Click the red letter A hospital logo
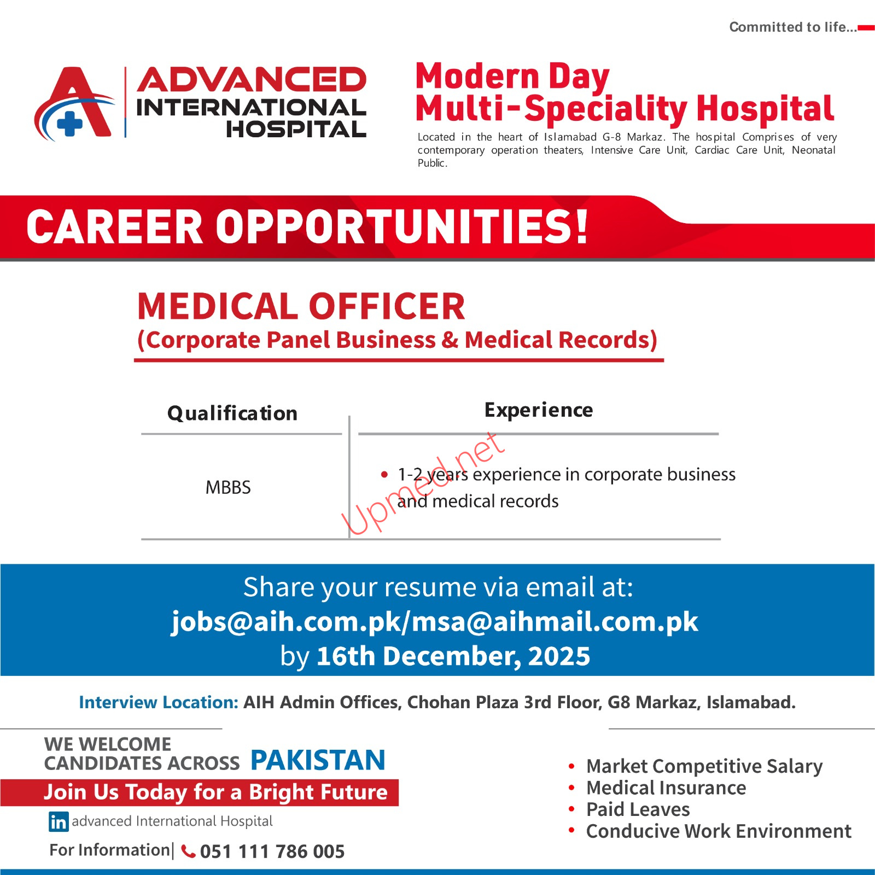74,104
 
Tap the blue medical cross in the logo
70,123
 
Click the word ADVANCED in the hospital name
252,80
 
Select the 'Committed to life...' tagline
792,27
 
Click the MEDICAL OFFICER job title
301,306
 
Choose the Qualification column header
232,413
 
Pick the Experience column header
539,410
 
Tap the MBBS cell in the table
228,487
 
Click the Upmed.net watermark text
423,483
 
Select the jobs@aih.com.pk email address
286,622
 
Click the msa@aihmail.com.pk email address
555,622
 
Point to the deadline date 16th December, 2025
453,656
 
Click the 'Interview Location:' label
159,702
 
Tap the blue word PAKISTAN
318,760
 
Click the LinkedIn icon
59,821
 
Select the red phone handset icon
188,851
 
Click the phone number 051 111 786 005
272,851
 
